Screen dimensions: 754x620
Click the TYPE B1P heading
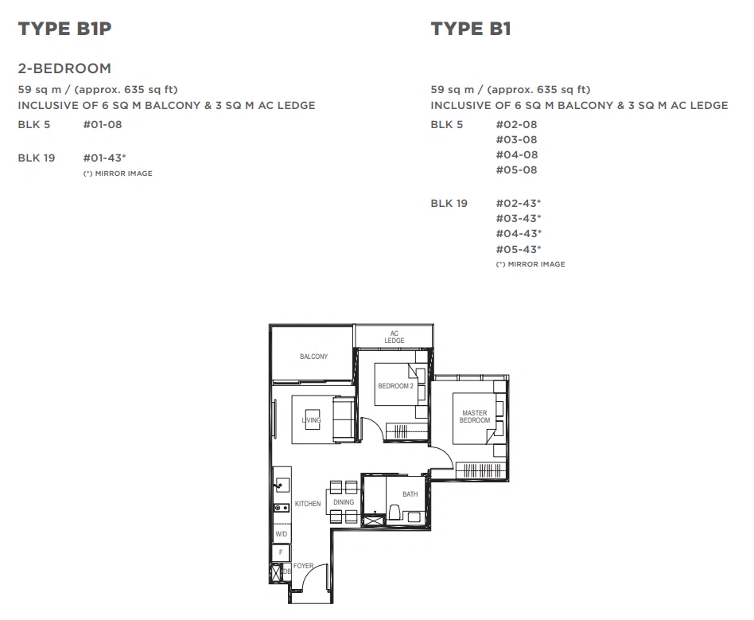(x=64, y=29)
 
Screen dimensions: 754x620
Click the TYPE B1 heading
(x=470, y=29)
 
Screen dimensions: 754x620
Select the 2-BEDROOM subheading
(x=64, y=68)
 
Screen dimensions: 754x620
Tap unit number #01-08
(x=103, y=124)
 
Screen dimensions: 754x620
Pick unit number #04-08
(x=516, y=154)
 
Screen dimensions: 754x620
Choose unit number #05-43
(x=519, y=249)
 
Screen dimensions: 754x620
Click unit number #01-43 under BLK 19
(x=104, y=158)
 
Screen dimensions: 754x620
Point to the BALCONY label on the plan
(x=313, y=357)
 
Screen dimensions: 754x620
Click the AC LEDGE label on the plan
(x=394, y=337)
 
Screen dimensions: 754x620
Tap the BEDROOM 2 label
(x=396, y=385)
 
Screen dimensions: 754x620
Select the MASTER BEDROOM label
(x=475, y=416)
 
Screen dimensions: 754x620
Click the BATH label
(x=410, y=494)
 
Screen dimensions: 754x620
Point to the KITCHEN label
(x=308, y=504)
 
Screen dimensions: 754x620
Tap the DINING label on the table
(x=344, y=502)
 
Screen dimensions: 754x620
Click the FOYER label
(x=303, y=566)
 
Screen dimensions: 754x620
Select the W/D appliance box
(x=282, y=534)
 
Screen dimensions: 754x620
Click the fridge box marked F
(x=282, y=552)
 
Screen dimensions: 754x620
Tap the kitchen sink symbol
(x=282, y=485)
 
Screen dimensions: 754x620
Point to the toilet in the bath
(x=394, y=513)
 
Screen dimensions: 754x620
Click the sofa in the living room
(x=344, y=419)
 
